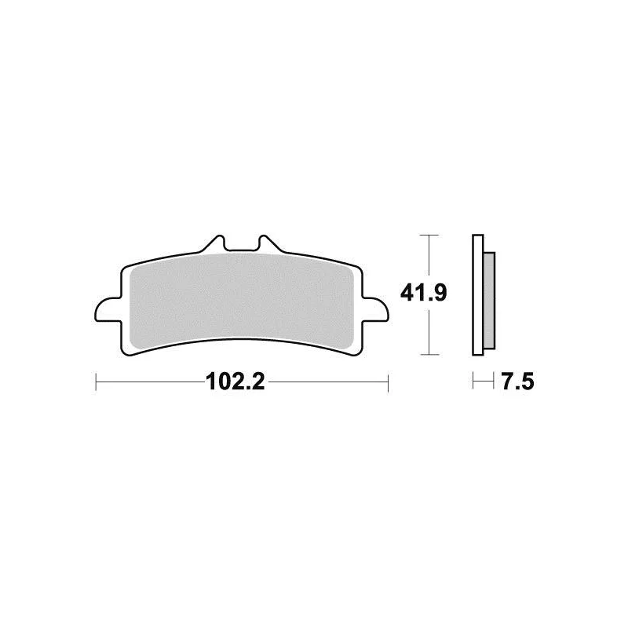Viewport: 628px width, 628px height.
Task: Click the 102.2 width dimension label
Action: [235, 382]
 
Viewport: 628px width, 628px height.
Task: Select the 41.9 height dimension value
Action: [423, 294]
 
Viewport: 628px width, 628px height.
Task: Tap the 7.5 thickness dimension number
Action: [517, 382]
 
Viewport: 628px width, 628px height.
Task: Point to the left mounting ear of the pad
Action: [108, 310]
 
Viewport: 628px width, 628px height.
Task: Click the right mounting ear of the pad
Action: [376, 310]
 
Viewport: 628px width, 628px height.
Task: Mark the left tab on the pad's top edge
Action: [213, 243]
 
